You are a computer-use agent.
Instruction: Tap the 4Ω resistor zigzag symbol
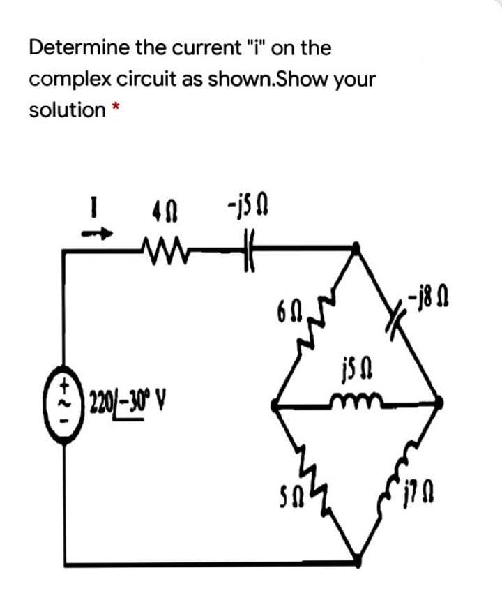click(162, 246)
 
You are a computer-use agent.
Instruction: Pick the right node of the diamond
click(440, 402)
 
